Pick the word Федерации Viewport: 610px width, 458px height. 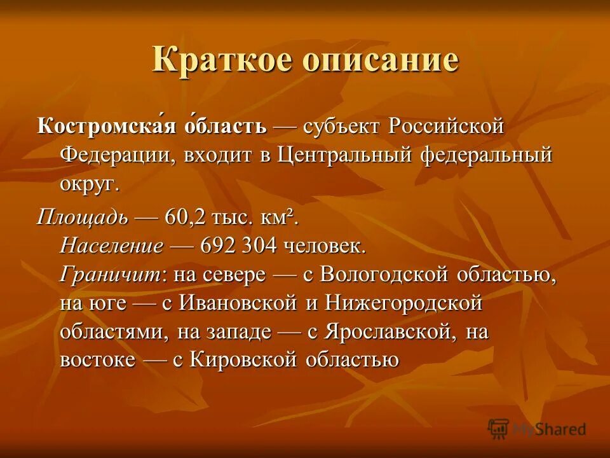(x=118, y=155)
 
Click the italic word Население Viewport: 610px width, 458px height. (x=112, y=246)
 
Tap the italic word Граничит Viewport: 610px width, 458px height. (x=112, y=275)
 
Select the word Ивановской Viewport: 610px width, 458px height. (x=239, y=304)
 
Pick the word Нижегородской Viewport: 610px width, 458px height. (x=403, y=304)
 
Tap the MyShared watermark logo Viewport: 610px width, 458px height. (x=538, y=428)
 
